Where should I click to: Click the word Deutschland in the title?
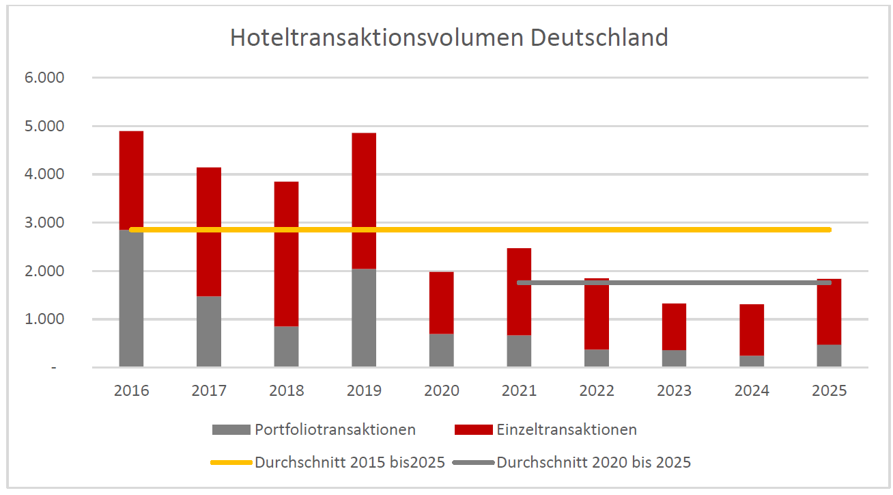pyautogui.click(x=599, y=38)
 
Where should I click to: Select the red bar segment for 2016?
pyautogui.click(x=131, y=178)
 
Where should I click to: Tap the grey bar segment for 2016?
pyautogui.click(x=131, y=301)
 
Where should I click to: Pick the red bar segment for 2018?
pyautogui.click(x=286, y=253)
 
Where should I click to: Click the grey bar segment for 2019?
pyautogui.click(x=364, y=318)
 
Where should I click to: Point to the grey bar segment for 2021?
pyautogui.click(x=519, y=351)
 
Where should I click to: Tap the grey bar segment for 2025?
pyautogui.click(x=829, y=356)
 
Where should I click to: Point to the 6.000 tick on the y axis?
pyautogui.click(x=45, y=78)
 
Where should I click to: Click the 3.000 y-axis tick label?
pyautogui.click(x=45, y=223)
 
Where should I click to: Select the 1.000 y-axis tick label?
pyautogui.click(x=45, y=319)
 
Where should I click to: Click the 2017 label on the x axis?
pyautogui.click(x=209, y=391)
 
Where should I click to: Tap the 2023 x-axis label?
pyautogui.click(x=674, y=391)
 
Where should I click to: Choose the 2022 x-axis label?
pyautogui.click(x=597, y=391)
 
